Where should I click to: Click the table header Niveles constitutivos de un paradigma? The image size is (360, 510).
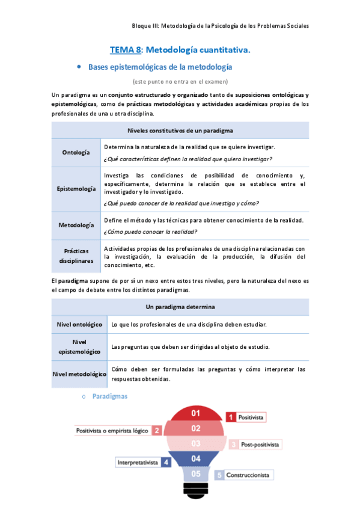click(x=180, y=131)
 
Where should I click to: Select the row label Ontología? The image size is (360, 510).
click(x=76, y=152)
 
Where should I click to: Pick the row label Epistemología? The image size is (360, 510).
click(x=76, y=189)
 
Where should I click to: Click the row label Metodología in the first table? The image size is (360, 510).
click(x=76, y=226)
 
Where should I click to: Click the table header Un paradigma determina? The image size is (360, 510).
click(x=180, y=307)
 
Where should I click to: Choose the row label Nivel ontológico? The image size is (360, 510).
click(x=79, y=325)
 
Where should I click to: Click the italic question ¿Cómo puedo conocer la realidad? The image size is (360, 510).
click(x=151, y=232)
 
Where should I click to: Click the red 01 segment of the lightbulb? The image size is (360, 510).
click(x=195, y=413)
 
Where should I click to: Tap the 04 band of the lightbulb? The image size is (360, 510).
click(x=195, y=458)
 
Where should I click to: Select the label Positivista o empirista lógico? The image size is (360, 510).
click(x=113, y=431)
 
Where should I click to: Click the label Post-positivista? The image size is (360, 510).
click(x=260, y=445)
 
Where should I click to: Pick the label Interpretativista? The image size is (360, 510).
click(x=138, y=462)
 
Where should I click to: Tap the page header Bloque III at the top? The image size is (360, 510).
click(x=221, y=26)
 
